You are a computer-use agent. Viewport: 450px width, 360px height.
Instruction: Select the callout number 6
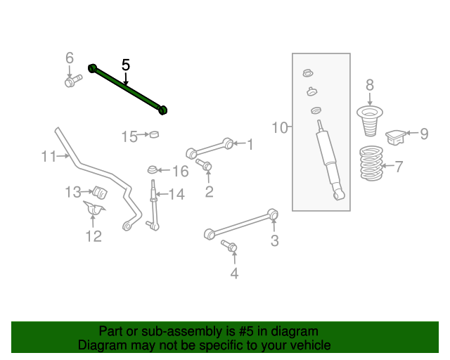pyautogui.click(x=69, y=58)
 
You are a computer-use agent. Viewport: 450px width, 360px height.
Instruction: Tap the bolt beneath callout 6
pyautogui.click(x=71, y=82)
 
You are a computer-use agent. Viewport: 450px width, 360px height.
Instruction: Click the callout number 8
pyautogui.click(x=370, y=86)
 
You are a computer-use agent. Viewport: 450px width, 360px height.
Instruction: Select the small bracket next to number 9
pyautogui.click(x=398, y=135)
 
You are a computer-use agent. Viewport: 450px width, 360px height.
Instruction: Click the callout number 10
pyautogui.click(x=280, y=127)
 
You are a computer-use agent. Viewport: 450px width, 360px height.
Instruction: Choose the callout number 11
pyautogui.click(x=48, y=156)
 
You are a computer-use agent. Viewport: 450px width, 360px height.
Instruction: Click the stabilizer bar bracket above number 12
pyautogui.click(x=93, y=210)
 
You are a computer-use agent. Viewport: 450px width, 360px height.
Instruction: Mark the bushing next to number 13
pyautogui.click(x=98, y=191)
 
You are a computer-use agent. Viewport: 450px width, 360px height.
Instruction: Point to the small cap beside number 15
pyautogui.click(x=155, y=135)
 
